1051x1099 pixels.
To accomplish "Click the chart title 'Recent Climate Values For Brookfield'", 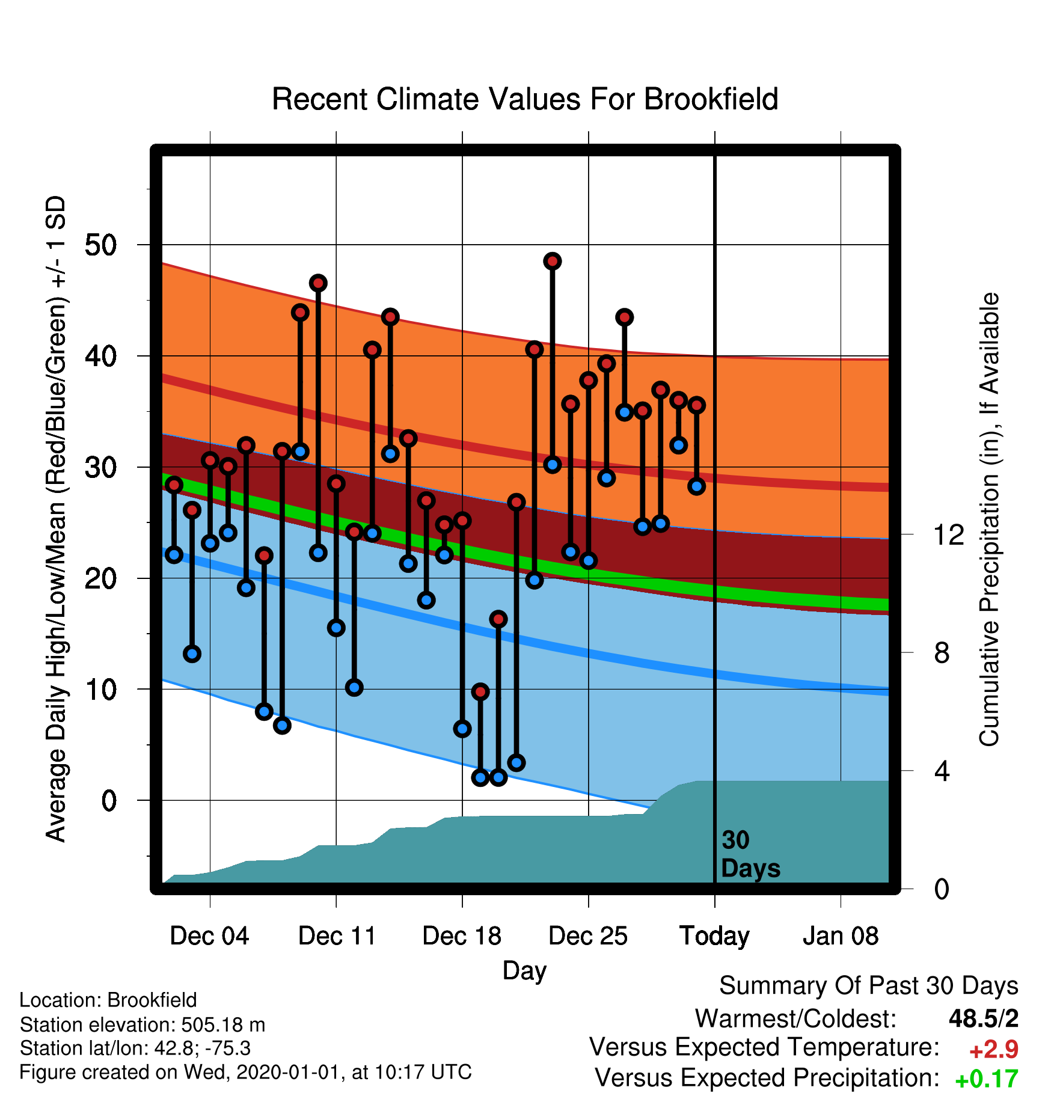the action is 525,99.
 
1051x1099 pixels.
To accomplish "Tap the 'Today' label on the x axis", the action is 714,936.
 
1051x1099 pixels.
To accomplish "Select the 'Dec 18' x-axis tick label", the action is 462,936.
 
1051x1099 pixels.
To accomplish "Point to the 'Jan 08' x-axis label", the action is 841,936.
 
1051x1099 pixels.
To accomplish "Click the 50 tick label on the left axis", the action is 101,245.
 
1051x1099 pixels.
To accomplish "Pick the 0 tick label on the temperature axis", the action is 109,800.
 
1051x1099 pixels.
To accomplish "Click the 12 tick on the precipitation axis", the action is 949,534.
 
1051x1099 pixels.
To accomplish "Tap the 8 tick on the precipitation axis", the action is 942,652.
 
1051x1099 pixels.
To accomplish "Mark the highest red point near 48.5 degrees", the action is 553,261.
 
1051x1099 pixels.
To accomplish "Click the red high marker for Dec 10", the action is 318,283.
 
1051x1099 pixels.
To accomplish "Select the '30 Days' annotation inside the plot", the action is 750,854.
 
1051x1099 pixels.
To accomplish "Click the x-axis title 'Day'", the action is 525,971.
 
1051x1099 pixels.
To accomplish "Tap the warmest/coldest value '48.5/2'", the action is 984,1018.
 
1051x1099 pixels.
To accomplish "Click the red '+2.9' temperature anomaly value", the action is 994,1050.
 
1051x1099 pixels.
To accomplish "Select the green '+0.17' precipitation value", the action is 987,1079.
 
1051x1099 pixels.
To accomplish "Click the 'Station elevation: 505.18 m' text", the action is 142,1024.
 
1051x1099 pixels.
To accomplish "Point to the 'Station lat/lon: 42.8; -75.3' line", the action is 135,1048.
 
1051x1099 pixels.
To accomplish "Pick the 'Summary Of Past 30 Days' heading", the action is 869,986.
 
